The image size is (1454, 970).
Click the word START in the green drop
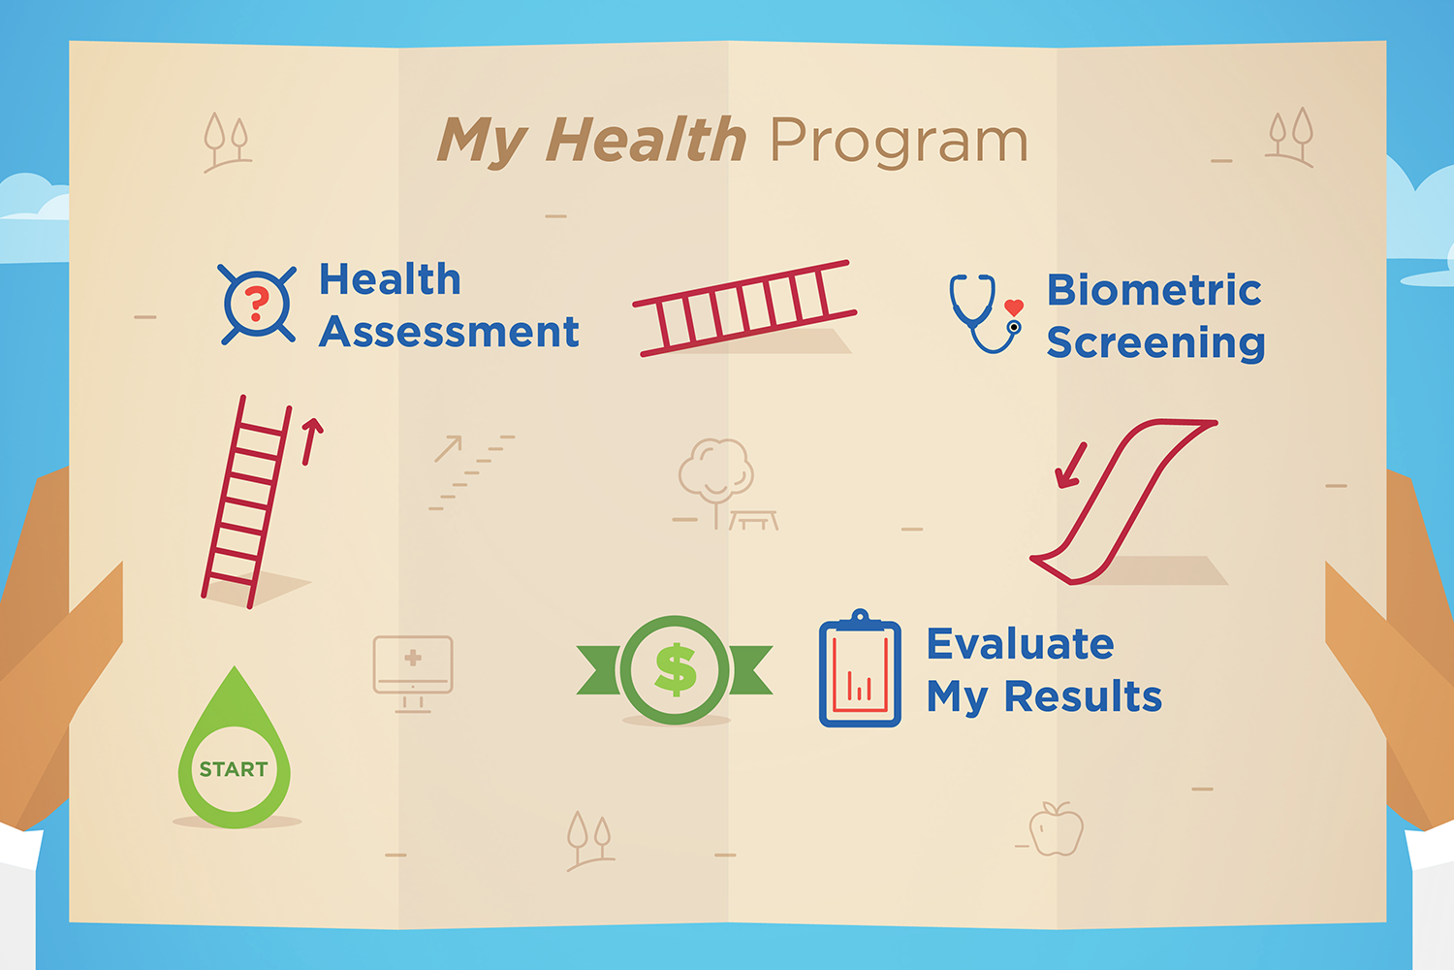point(234,769)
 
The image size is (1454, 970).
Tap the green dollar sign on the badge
point(675,669)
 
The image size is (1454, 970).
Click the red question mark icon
point(257,305)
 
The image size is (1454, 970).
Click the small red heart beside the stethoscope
point(1014,307)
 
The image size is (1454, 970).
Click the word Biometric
point(1154,290)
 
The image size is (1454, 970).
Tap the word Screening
point(1155,342)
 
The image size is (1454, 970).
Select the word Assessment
point(450,332)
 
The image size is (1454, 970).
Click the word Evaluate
point(1020,644)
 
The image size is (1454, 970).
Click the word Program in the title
point(899,142)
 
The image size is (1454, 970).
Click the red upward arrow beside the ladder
point(310,441)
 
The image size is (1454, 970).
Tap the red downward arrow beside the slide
point(1070,467)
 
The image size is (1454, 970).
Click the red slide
point(1124,500)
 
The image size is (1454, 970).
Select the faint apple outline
point(1056,830)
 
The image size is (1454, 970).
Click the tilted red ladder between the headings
point(743,307)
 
